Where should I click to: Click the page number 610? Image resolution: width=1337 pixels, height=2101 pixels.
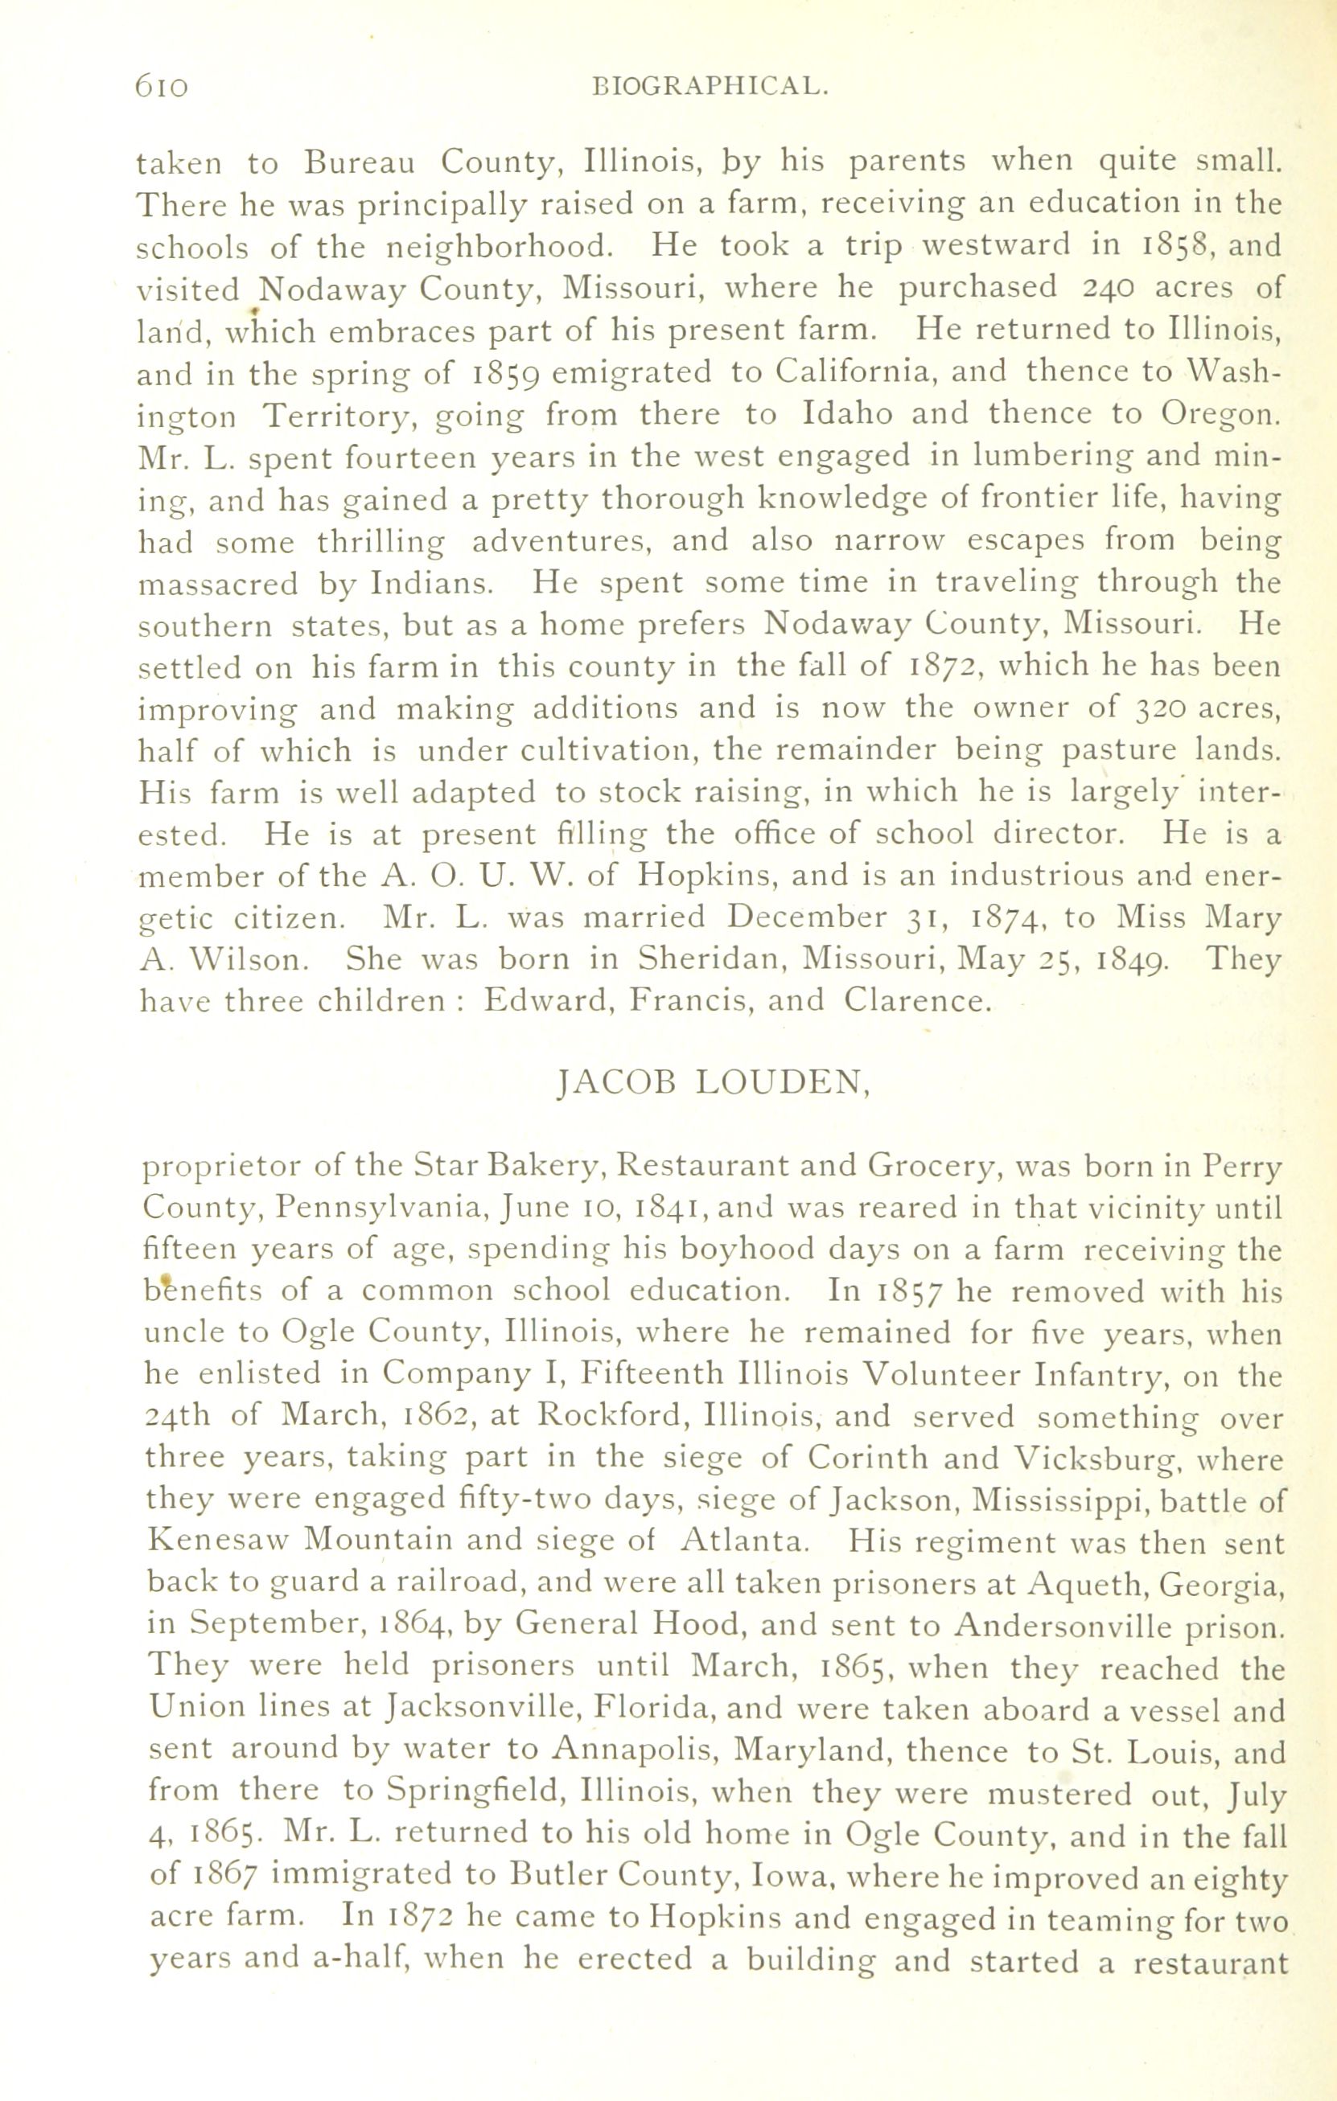tap(162, 86)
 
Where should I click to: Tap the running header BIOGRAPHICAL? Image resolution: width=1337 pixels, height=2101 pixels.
tap(709, 86)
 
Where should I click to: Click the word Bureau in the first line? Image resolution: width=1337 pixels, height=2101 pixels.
tap(360, 162)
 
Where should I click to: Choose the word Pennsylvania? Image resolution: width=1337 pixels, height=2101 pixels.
tap(382, 1209)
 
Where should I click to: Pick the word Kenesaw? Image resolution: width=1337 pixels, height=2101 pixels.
tap(217, 1541)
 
